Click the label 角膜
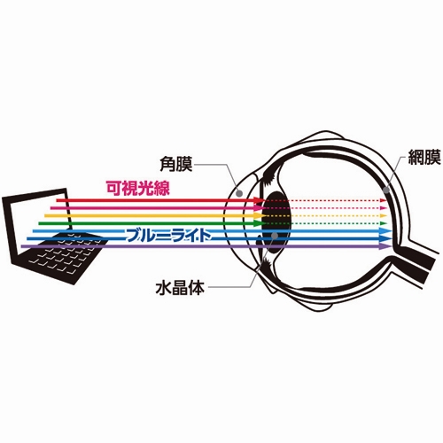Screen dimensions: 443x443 coord(176,164)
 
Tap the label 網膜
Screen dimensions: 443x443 coord(424,157)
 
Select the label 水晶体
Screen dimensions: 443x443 coord(180,287)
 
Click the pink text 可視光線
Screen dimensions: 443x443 coord(138,188)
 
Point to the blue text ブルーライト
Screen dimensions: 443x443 coord(168,236)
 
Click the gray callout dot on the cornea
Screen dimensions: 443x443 coord(239,193)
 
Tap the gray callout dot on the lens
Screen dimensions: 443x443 coord(275,236)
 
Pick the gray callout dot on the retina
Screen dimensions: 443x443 coord(385,190)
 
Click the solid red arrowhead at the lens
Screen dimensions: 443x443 coord(260,200)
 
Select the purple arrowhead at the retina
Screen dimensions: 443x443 coord(386,246)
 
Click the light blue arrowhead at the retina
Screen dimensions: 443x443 coord(386,231)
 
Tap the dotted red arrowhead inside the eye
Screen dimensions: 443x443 coord(384,200)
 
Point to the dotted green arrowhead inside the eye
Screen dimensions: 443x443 coord(384,223)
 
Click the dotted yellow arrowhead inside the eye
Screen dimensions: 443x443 coord(384,215)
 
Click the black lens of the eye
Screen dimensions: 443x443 coord(277,222)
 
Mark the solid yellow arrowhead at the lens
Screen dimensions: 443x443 coord(260,215)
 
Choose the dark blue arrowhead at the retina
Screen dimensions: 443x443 coord(386,238)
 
